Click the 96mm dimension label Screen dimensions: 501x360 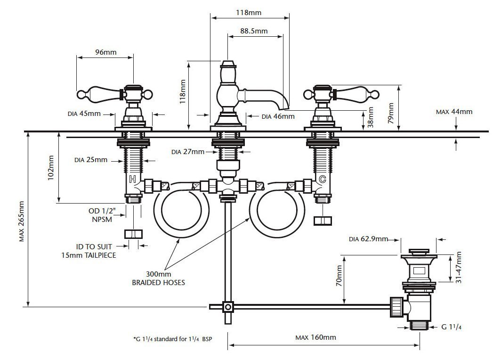click(106, 52)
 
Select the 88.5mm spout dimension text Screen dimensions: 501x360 click(254, 31)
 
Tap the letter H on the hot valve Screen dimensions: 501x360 click(133, 179)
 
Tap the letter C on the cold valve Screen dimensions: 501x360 click(323, 179)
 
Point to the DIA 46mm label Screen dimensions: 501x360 click(278, 116)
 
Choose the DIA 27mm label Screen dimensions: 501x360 click(188, 152)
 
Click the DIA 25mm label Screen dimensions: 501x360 click(91, 160)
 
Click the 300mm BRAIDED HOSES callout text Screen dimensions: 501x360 click(159, 278)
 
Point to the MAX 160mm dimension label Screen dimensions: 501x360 click(315, 337)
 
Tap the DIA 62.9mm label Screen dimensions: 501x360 click(368, 239)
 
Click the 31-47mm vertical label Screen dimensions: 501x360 click(459, 267)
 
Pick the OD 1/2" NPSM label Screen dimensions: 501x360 click(100, 215)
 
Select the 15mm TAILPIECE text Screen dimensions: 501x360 click(89, 255)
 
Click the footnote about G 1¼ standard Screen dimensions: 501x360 click(172, 339)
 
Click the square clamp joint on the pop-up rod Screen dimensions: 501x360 click(228, 307)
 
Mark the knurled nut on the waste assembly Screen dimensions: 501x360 click(396, 307)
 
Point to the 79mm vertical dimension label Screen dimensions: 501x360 click(390, 114)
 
